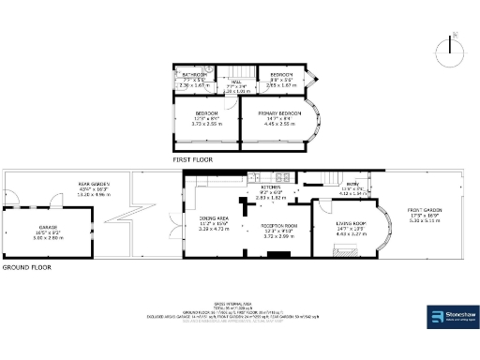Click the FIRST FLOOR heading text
point(194,159)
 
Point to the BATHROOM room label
point(193,74)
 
